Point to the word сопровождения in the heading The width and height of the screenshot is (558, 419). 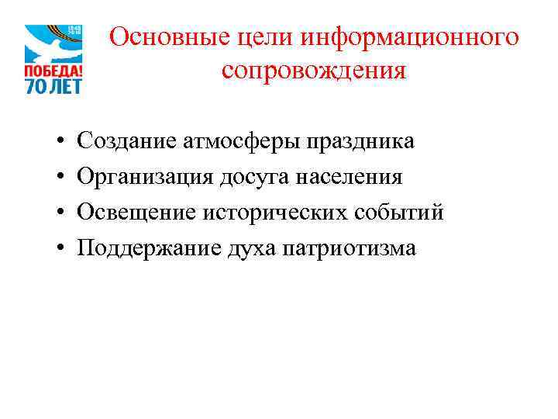click(313, 71)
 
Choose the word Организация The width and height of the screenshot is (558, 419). click(149, 177)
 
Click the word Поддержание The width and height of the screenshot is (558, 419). click(146, 248)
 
